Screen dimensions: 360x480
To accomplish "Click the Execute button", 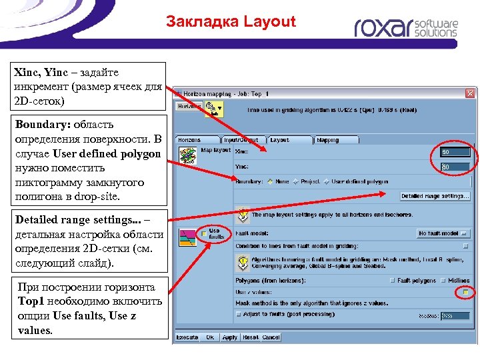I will coord(187,337).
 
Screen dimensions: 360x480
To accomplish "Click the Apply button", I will coord(230,337).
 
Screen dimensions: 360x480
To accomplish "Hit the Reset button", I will coord(251,337).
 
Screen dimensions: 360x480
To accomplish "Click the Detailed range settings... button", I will coord(435,196).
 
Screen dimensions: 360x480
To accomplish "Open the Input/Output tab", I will coord(241,140).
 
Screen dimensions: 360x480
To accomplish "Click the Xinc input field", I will coord(455,152).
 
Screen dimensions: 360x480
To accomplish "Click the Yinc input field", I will coord(455,167).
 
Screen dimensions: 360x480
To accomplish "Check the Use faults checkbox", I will coord(204,234).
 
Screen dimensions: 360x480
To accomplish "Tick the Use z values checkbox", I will coord(465,292).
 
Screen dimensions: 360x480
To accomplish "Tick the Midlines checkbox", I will coord(443,281).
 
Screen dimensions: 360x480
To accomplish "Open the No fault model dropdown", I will coord(443,233).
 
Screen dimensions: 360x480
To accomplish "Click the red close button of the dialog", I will coord(470,94).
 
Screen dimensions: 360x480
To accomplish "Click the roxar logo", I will coord(406,27).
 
